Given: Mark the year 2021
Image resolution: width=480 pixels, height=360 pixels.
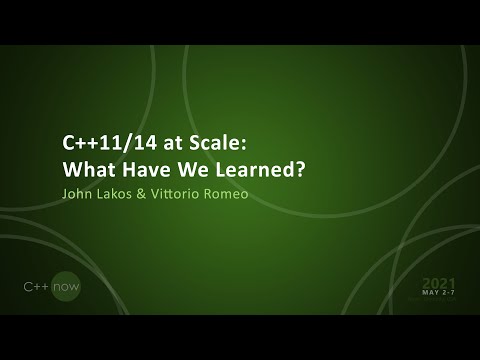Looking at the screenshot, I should [439, 283].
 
